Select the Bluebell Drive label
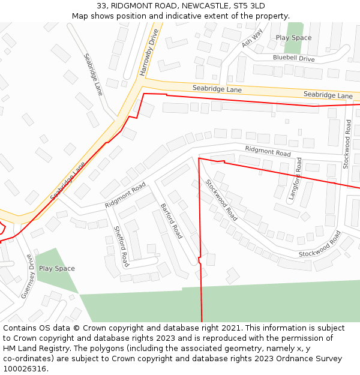(294, 58)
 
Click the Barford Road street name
(171, 221)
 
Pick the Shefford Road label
(121, 246)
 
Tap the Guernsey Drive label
(28, 276)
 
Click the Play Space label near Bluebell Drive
(293, 37)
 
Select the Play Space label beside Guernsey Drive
(56, 268)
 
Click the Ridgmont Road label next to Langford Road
(268, 150)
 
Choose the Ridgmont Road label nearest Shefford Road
(125, 196)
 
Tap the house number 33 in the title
(101, 6)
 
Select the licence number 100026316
(25, 369)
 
